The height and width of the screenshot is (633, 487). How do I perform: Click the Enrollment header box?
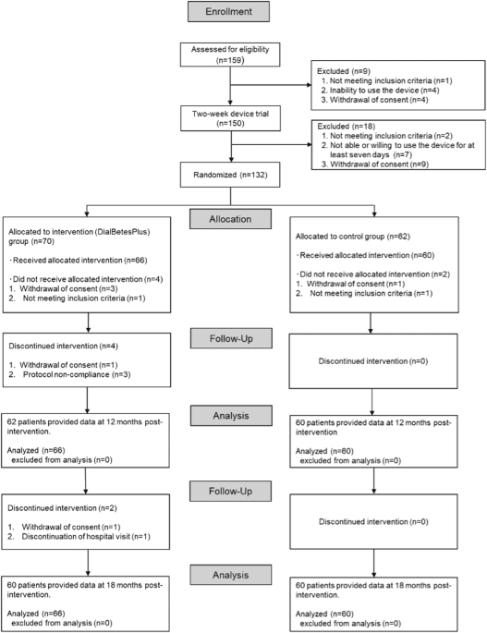coord(244,13)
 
